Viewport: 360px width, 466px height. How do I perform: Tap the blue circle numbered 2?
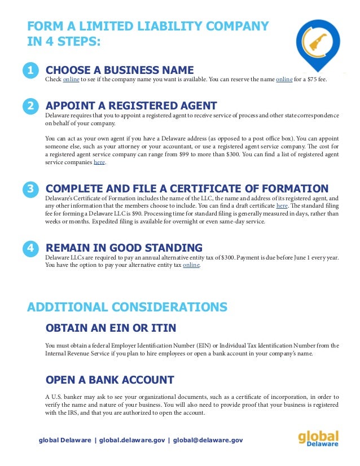[30, 105]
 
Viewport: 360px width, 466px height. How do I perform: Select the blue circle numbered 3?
[30, 189]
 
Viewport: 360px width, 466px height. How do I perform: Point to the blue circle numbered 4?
[30, 248]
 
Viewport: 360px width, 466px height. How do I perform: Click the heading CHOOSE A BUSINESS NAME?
[120, 70]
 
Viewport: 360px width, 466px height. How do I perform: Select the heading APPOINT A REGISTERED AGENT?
[131, 105]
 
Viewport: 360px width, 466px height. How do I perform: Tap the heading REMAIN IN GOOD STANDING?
[124, 248]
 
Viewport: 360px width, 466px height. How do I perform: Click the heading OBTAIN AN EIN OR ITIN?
[111, 328]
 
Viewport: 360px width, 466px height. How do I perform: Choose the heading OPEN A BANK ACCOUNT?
[109, 380]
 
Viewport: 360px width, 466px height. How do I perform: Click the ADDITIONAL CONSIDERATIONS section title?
[128, 307]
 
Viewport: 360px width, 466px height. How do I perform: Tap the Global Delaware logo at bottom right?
[318, 439]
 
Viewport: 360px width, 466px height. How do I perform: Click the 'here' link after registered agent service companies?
[99, 162]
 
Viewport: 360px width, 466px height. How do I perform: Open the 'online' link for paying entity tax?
[191, 265]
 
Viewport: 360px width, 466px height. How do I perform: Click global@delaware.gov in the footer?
[208, 439]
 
